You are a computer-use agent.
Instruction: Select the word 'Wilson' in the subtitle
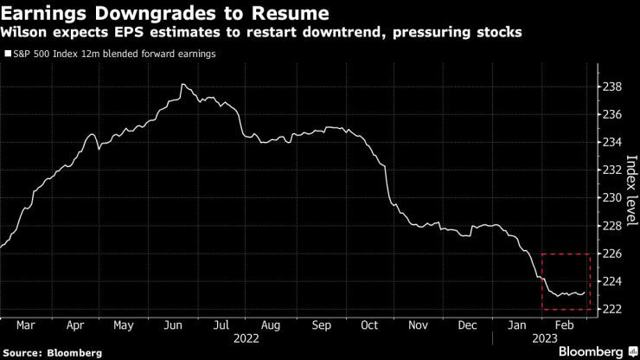click(x=27, y=34)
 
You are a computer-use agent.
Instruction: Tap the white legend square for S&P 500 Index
click(x=8, y=54)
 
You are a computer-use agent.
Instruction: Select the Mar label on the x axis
click(x=26, y=326)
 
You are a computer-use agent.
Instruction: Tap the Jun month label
click(x=173, y=326)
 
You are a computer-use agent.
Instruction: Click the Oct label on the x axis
click(x=369, y=326)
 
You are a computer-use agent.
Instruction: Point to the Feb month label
click(x=566, y=326)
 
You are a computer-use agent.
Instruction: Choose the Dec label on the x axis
click(x=467, y=326)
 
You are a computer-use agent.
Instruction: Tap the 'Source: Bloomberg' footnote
click(x=52, y=353)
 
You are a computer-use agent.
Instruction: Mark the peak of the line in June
click(x=182, y=84)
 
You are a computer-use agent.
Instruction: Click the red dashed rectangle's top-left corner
click(x=541, y=254)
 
